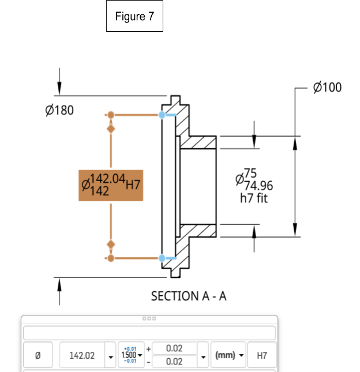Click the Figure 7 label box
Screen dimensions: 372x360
(x=134, y=17)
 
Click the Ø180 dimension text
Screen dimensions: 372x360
(x=59, y=110)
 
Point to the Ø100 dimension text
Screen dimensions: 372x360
(x=327, y=88)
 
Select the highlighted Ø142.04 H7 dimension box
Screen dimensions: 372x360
(x=111, y=185)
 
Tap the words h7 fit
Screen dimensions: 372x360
(x=254, y=198)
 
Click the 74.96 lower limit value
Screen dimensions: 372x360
(x=258, y=186)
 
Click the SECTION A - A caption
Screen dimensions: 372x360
(x=189, y=296)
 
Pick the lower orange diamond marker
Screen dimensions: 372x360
(x=111, y=245)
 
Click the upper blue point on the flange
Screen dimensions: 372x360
(x=162, y=115)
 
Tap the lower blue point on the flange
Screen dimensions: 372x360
(x=162, y=258)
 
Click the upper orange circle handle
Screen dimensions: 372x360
(x=111, y=115)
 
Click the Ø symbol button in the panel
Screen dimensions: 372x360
(x=38, y=355)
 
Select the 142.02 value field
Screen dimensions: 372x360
(x=82, y=355)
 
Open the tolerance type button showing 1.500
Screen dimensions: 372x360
(x=131, y=355)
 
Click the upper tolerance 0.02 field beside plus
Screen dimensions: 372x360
(x=174, y=348)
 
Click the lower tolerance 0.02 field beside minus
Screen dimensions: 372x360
(x=174, y=362)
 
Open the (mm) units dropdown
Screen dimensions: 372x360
(x=229, y=355)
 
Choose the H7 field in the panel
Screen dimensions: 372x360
(x=262, y=355)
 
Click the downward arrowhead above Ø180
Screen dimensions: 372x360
(x=59, y=89)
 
